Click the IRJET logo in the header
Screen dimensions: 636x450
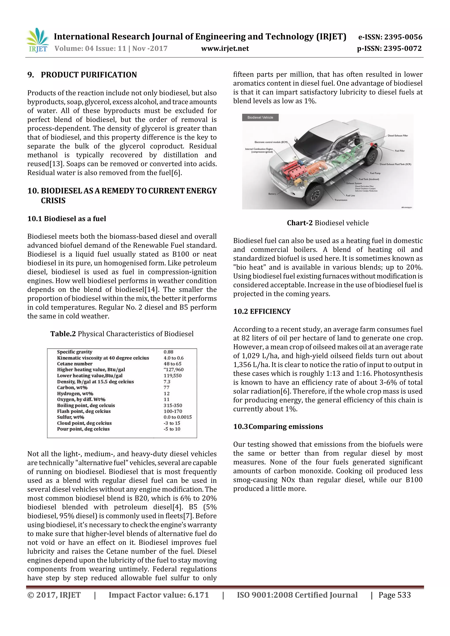(37, 40)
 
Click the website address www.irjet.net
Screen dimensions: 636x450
(225, 49)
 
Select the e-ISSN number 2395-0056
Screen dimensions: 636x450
(390, 37)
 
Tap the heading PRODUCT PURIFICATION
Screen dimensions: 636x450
(89, 75)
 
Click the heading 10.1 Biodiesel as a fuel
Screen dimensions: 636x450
(67, 219)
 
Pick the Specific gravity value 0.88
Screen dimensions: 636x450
(168, 352)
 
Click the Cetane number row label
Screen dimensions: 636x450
(74, 364)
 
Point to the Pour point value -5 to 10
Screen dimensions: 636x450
(172, 429)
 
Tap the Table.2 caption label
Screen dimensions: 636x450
(63, 334)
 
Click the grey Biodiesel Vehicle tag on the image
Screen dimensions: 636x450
(260, 117)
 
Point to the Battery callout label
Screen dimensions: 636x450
(272, 194)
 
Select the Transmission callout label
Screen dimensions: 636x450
(341, 200)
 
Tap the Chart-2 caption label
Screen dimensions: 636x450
(299, 223)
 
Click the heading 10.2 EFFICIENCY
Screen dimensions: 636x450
(262, 311)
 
